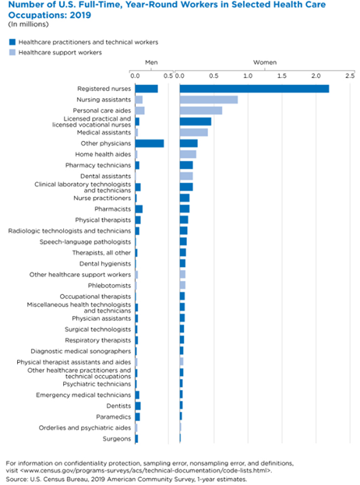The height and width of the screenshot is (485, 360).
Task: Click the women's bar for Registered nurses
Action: [x=254, y=89]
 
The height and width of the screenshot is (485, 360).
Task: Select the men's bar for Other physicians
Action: [x=150, y=143]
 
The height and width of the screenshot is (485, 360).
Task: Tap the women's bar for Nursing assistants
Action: [x=209, y=100]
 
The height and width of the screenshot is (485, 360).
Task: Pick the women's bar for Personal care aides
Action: [x=201, y=111]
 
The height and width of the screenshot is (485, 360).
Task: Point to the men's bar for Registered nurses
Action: [x=146, y=89]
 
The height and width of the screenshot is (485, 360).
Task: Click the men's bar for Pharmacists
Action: [x=139, y=209]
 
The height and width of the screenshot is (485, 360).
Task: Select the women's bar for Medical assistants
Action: [x=194, y=132]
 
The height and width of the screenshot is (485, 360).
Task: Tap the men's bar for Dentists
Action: [x=138, y=406]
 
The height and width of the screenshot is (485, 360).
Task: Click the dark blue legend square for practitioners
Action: [x=12, y=42]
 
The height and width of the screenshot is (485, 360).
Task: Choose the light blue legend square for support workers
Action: [x=12, y=53]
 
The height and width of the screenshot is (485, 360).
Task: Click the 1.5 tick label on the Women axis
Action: [x=281, y=76]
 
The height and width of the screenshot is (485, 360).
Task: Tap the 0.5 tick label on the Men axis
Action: [x=168, y=76]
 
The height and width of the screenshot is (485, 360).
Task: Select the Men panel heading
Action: [x=151, y=62]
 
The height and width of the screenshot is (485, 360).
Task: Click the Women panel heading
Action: [x=265, y=62]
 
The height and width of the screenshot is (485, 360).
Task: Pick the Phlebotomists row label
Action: [x=109, y=286]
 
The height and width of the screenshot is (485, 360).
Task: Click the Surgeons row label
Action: [x=117, y=439]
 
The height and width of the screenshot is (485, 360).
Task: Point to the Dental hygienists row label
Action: [x=105, y=264]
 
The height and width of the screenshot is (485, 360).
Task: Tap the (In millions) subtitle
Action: [x=28, y=24]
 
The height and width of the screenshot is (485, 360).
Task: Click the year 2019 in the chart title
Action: [x=81, y=15]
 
